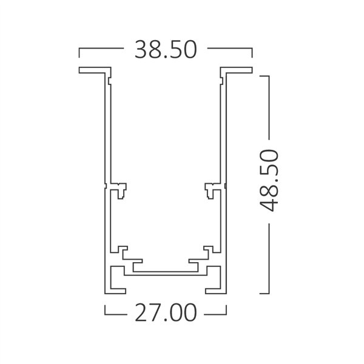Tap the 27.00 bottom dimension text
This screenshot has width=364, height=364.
[166, 314]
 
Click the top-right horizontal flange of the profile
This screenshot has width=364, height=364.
[237, 70]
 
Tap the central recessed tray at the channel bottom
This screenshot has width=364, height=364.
[166, 267]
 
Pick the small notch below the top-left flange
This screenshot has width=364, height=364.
[109, 80]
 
